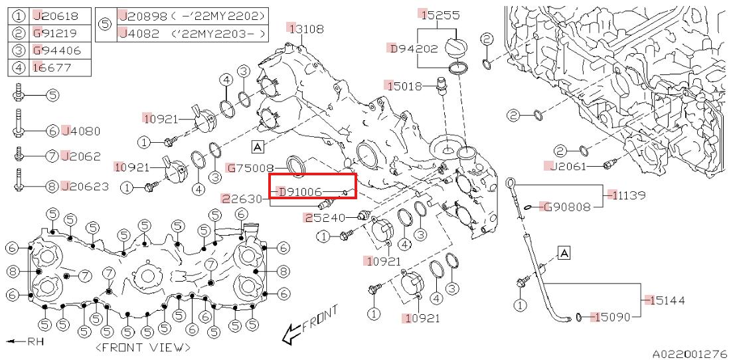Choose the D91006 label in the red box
[299, 192]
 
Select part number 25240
[325, 217]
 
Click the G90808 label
[566, 207]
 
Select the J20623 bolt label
[84, 187]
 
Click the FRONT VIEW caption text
[143, 347]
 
